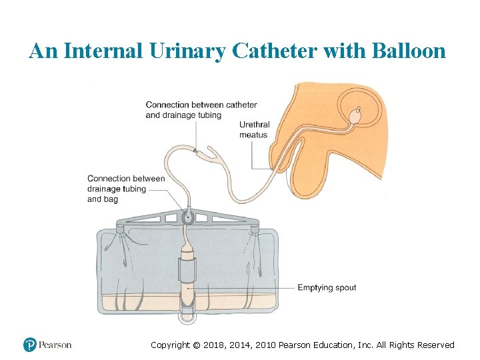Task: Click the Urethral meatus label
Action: click(253, 130)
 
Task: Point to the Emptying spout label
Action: click(327, 288)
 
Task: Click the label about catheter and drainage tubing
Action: click(201, 110)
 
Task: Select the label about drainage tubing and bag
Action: click(126, 189)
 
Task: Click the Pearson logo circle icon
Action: click(29, 345)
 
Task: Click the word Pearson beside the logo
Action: click(55, 345)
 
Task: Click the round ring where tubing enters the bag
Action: click(187, 217)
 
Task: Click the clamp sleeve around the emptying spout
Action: click(187, 272)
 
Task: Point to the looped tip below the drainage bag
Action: click(187, 317)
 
